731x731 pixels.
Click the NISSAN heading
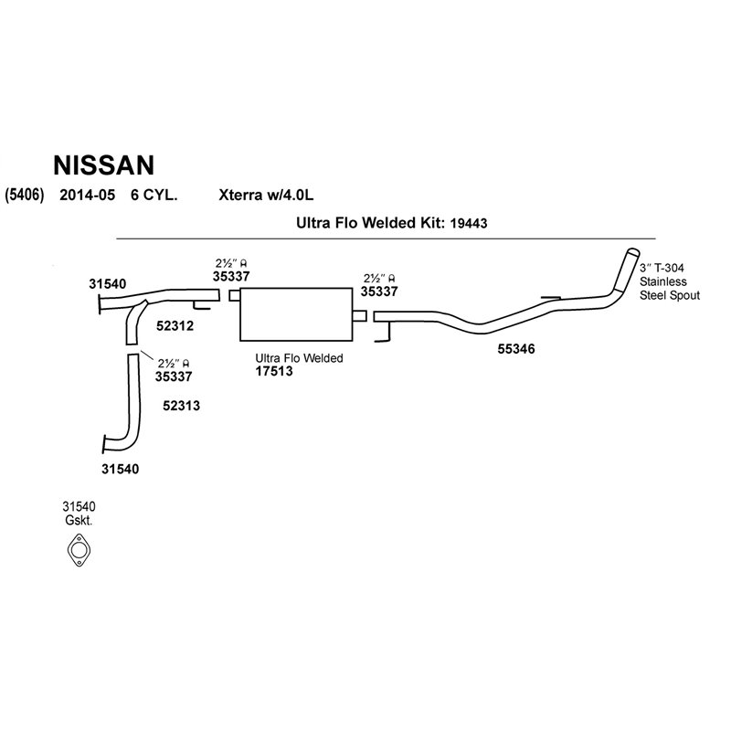104,164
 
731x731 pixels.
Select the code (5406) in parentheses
21,195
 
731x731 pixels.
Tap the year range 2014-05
88,195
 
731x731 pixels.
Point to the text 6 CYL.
154,195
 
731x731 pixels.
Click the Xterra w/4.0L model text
267,195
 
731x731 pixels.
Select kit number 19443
469,222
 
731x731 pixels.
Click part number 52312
175,324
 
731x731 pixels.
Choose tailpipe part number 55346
516,348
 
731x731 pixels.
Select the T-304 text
670,268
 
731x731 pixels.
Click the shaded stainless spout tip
629,267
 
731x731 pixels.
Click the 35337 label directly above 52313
174,375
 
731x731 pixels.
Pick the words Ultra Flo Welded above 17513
299,358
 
